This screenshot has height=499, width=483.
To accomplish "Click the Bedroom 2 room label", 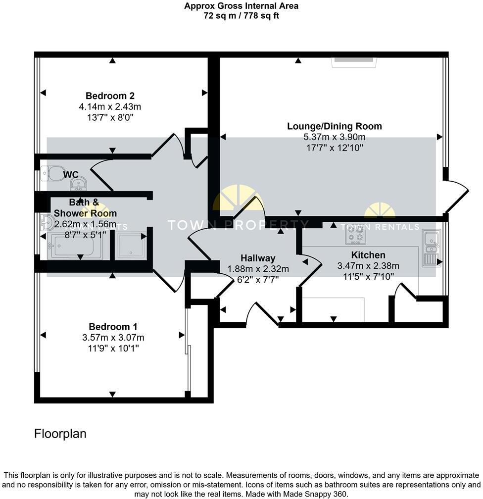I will tap(110, 96).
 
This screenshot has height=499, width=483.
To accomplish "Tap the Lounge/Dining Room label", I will tap(335, 126).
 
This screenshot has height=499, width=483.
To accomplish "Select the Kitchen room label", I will tap(368, 255).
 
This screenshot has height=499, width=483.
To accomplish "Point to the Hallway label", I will tap(257, 258).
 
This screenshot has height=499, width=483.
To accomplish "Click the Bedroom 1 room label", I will tap(113, 327).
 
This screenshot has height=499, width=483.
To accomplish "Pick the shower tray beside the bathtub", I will tap(130, 244).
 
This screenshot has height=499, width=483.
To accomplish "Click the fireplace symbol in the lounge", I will tap(354, 60).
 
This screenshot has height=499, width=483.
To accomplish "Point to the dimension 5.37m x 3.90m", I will tap(335, 137).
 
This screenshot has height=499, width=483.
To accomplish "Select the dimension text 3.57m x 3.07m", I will tap(113, 338).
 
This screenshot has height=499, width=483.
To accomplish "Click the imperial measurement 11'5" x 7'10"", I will tap(368, 277).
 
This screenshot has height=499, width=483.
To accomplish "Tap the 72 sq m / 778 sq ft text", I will tap(241, 15).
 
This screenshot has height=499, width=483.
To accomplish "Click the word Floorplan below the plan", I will tap(60, 434).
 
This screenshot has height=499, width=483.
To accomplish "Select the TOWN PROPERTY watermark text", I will tap(238, 225).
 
